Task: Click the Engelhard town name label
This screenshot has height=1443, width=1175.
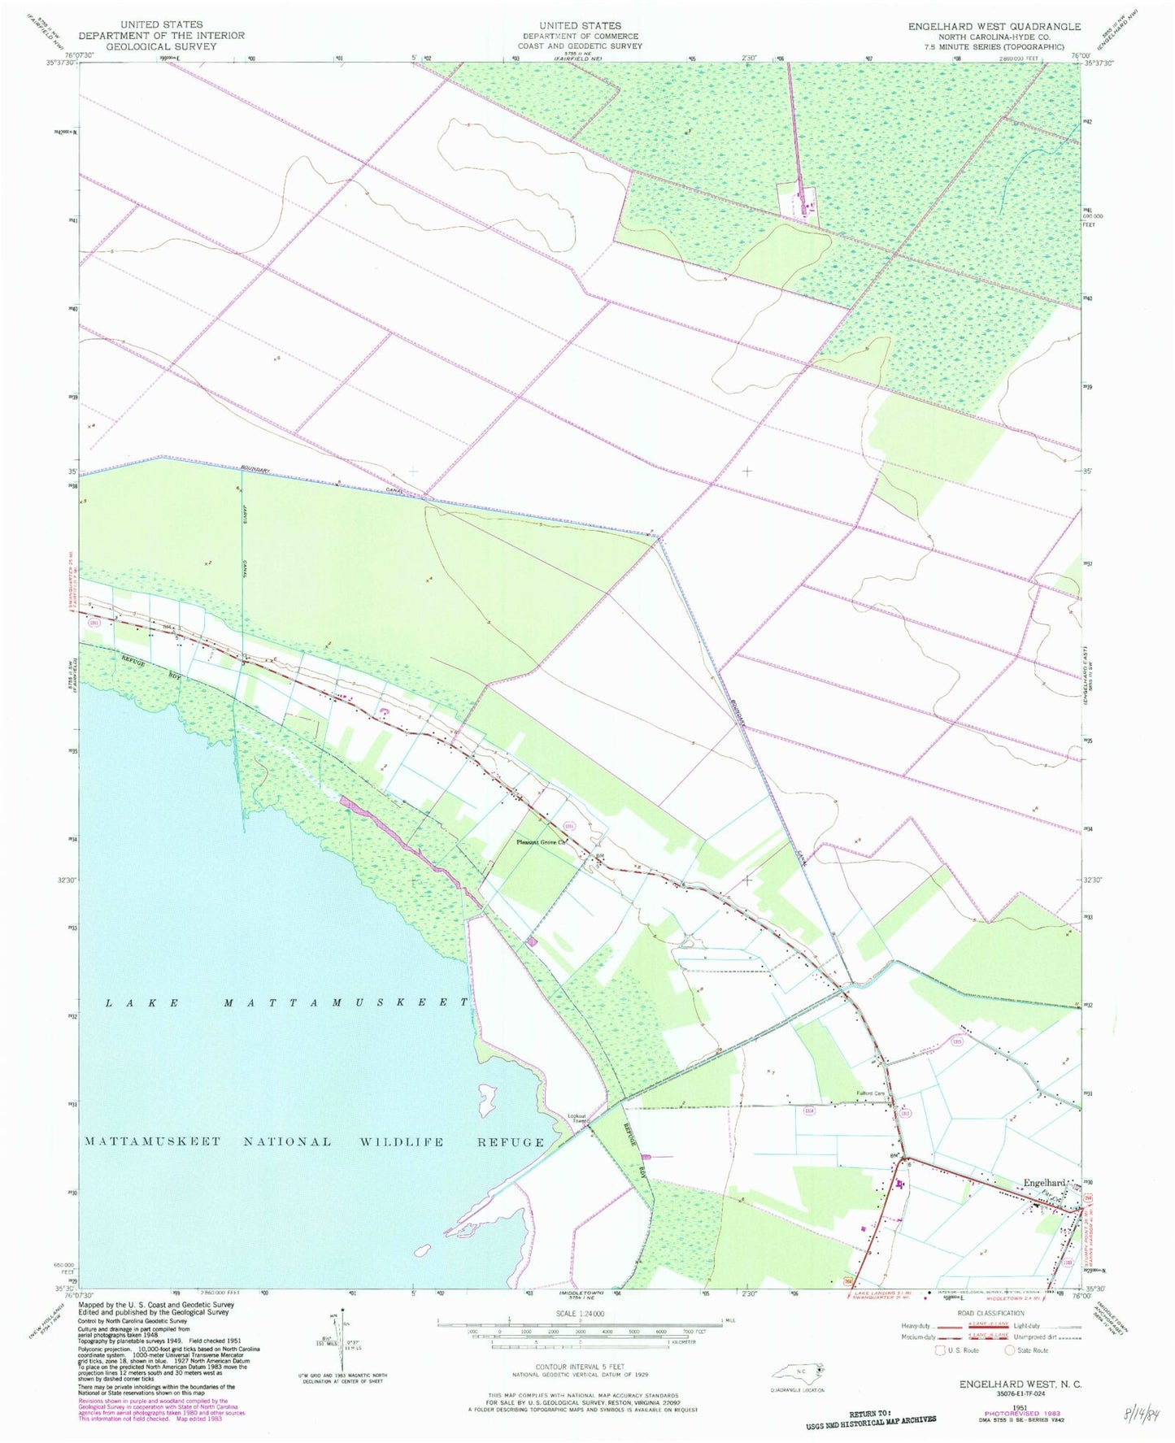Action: coord(1044,1182)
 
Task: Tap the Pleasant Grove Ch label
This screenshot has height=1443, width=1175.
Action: coord(541,842)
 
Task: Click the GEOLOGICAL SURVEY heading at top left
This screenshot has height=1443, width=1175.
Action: coord(162,47)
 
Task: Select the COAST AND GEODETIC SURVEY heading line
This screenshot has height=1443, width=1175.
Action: coord(580,46)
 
